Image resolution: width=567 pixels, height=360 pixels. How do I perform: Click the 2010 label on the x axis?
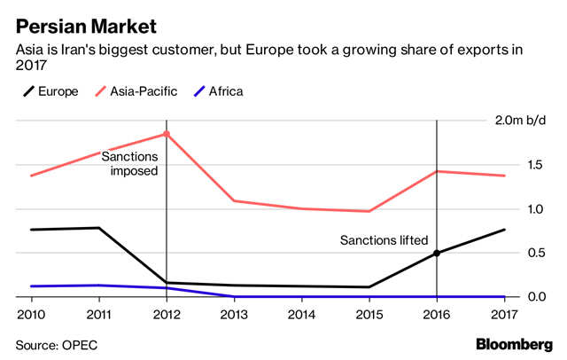(x=31, y=313)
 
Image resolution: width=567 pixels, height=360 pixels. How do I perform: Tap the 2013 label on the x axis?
(x=234, y=313)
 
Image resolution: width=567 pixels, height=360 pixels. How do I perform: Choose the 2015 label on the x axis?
(x=369, y=313)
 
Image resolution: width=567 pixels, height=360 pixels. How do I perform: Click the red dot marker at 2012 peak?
(x=167, y=134)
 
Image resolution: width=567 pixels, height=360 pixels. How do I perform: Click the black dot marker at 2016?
(x=437, y=253)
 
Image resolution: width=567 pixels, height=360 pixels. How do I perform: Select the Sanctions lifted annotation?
(x=384, y=240)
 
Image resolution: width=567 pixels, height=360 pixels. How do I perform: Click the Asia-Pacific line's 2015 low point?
(x=369, y=211)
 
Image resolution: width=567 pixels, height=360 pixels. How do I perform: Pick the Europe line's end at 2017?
(x=504, y=230)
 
